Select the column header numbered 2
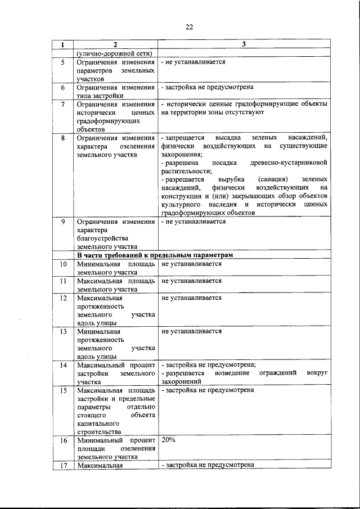point(115,45)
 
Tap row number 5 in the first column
point(63,62)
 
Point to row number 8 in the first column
point(63,138)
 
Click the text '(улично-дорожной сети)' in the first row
point(111,53)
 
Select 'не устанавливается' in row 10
point(191,263)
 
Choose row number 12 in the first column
point(63,298)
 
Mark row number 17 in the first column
point(63,465)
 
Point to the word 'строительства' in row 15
point(99,431)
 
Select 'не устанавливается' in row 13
point(191,331)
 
